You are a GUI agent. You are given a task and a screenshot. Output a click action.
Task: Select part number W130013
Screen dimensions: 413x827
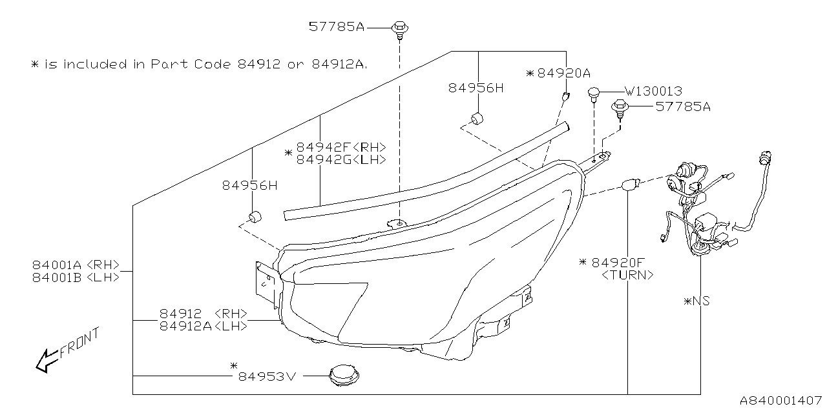[653, 92]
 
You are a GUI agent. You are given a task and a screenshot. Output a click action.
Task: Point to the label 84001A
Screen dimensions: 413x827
[57, 264]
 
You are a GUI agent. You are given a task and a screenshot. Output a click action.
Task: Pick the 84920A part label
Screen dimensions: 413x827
[563, 74]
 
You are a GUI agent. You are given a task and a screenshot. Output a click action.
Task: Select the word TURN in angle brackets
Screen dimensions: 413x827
[627, 274]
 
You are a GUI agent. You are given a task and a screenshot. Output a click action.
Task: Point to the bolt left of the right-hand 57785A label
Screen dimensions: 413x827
[619, 108]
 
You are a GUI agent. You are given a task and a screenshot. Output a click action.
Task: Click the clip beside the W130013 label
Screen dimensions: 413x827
[593, 94]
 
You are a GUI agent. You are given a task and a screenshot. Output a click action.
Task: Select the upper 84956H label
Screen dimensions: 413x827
[476, 87]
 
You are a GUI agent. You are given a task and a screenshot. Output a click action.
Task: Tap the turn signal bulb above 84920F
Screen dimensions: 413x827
[629, 186]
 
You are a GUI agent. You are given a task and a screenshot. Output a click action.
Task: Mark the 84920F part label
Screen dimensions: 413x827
[618, 262]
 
